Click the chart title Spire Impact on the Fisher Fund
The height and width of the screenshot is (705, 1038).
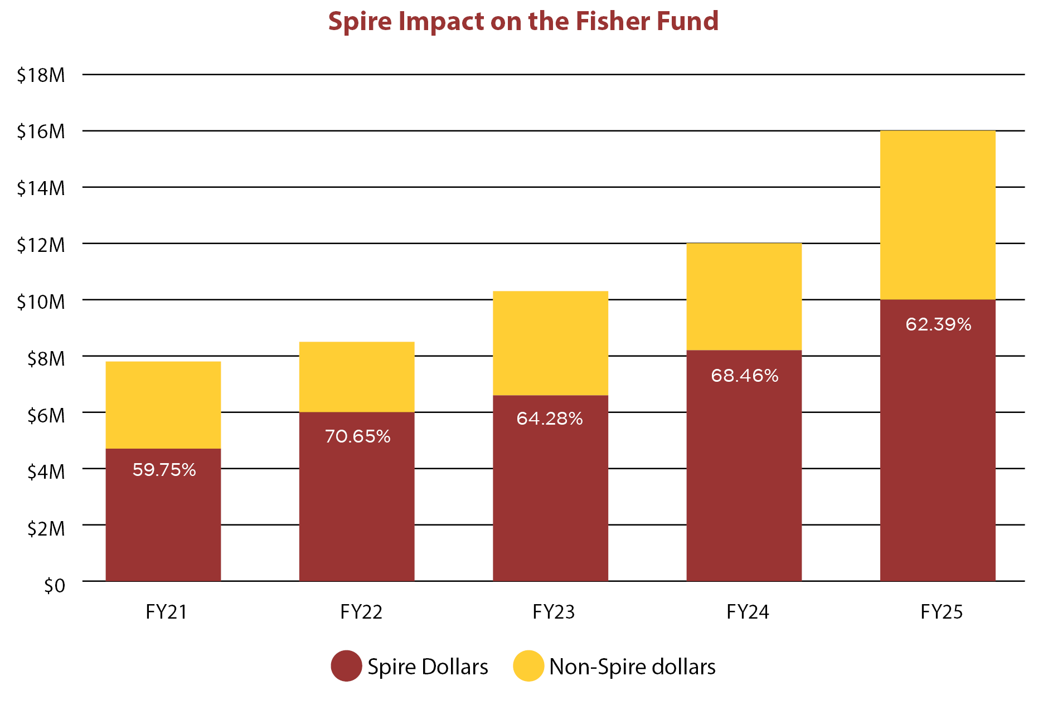click(x=523, y=21)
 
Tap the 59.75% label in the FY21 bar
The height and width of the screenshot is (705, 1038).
click(x=164, y=470)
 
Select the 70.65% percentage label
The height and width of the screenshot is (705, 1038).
click(x=357, y=436)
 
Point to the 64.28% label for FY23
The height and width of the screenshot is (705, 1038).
click(x=550, y=419)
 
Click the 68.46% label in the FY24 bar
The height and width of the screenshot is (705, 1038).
click(x=744, y=376)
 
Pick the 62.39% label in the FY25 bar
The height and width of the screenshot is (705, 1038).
click(x=938, y=324)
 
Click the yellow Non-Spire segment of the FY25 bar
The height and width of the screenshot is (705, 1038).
click(x=938, y=215)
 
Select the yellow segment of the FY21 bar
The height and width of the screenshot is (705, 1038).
click(x=163, y=405)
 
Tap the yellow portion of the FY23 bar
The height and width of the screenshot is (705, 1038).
click(x=550, y=343)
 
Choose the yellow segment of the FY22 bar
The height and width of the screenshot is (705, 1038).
click(x=357, y=377)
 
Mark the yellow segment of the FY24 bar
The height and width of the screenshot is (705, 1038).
click(x=744, y=296)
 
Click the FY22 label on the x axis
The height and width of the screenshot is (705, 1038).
click(x=361, y=612)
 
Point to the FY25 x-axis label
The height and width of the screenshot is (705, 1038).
click(x=942, y=612)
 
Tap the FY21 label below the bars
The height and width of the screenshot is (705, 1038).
click(x=166, y=612)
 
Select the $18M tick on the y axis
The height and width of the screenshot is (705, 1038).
click(x=41, y=75)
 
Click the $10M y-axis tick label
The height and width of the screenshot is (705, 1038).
click(x=41, y=302)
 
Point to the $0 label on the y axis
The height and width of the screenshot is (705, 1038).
click(x=54, y=585)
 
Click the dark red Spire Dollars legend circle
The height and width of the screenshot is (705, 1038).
click(x=346, y=666)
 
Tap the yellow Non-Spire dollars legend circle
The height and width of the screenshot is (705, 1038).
click(x=528, y=666)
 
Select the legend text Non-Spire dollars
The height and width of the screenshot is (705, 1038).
click(x=632, y=667)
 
